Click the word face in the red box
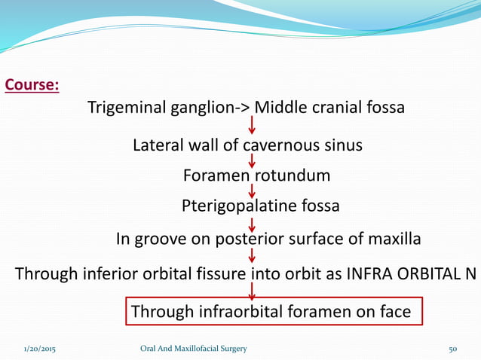392,311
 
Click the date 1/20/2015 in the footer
39,348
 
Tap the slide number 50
453,348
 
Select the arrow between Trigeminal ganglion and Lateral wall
252,126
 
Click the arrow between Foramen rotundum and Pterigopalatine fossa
252,191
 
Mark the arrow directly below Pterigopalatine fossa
252,224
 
